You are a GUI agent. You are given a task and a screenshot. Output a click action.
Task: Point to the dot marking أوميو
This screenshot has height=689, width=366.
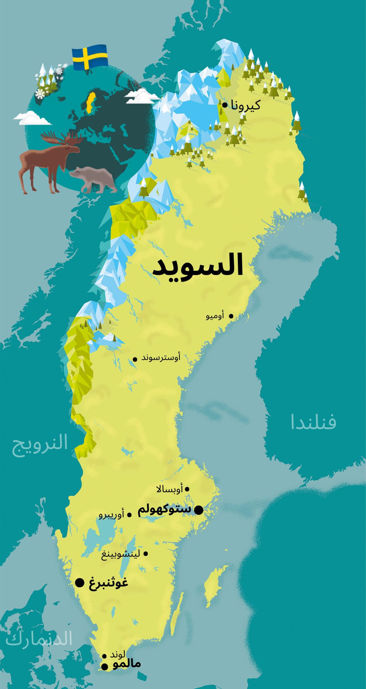(x=231, y=316)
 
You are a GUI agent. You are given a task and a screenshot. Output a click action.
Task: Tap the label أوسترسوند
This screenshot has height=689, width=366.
(x=161, y=358)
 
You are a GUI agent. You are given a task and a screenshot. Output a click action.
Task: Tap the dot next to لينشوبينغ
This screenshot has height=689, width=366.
(x=146, y=546)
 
